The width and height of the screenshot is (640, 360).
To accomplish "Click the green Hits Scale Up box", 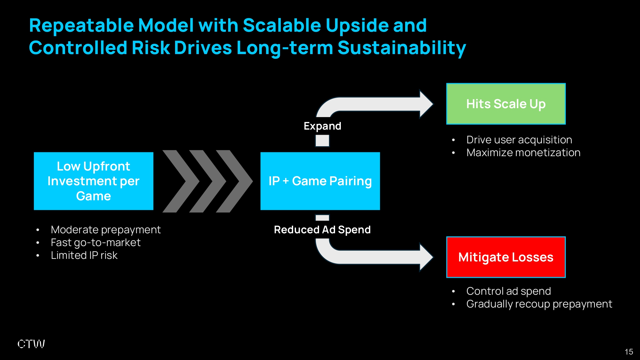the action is [x=506, y=104].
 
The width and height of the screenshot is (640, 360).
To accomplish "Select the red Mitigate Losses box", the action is [x=506, y=257].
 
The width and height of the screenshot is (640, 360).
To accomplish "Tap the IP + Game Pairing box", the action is [x=320, y=181].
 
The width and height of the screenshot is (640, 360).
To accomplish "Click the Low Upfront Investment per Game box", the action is [x=93, y=181].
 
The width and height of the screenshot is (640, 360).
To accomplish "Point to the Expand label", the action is [x=322, y=126].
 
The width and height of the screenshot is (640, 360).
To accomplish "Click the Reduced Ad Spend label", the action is [x=322, y=229].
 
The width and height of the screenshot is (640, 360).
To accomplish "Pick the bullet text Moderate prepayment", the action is [x=106, y=230].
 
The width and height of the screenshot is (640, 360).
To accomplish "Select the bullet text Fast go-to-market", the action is [x=96, y=243].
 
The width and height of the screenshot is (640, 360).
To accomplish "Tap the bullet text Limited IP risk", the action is [x=84, y=255].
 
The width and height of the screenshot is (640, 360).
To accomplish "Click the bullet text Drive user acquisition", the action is [x=519, y=140].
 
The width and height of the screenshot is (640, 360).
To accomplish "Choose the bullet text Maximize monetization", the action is [x=523, y=153].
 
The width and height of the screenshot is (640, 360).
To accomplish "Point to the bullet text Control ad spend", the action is [x=508, y=291].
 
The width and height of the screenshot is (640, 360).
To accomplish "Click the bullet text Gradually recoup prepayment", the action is [x=539, y=304].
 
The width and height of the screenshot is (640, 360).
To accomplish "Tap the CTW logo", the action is [x=31, y=344].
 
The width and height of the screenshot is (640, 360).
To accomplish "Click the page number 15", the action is [x=629, y=352].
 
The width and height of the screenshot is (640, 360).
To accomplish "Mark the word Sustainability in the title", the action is [x=402, y=48].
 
